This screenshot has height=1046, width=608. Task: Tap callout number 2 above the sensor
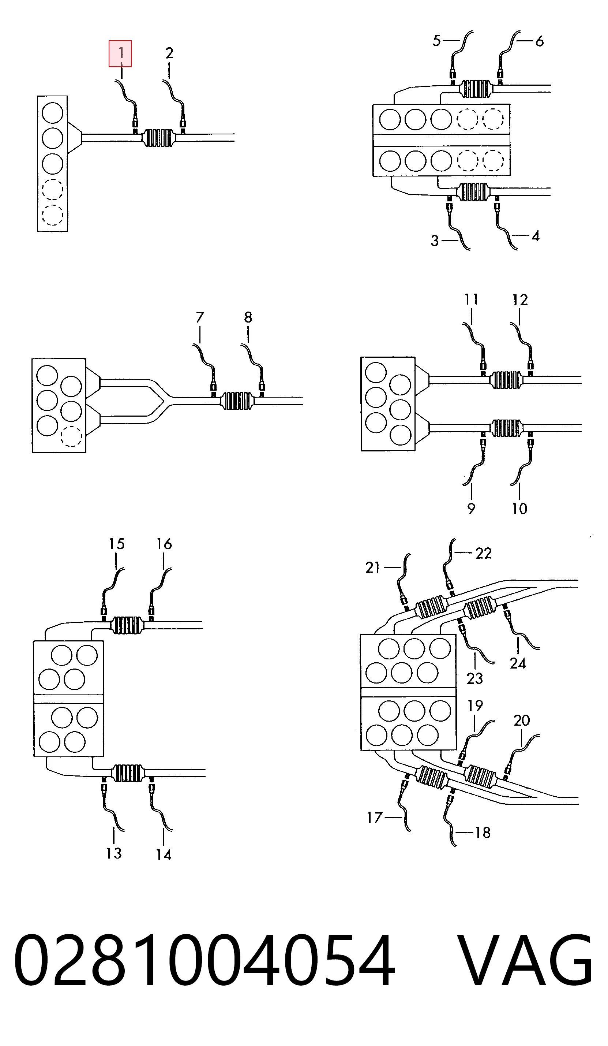[x=169, y=53]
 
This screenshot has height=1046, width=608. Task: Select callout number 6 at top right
[x=540, y=41]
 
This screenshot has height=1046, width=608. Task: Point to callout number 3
[x=434, y=241]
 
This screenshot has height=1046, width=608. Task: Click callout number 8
[x=248, y=317]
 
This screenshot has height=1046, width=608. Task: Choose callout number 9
[x=471, y=509]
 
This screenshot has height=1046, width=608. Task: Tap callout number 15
[x=117, y=544]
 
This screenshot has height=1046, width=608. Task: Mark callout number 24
[x=518, y=663]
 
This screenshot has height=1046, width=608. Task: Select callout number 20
[x=522, y=720]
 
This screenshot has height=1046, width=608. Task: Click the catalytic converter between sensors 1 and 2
[x=158, y=137]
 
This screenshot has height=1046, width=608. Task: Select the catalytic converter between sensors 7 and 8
[x=237, y=401]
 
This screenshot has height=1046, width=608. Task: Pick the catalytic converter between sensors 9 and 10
[x=506, y=428]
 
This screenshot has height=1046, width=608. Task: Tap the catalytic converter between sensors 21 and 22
[x=431, y=607]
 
